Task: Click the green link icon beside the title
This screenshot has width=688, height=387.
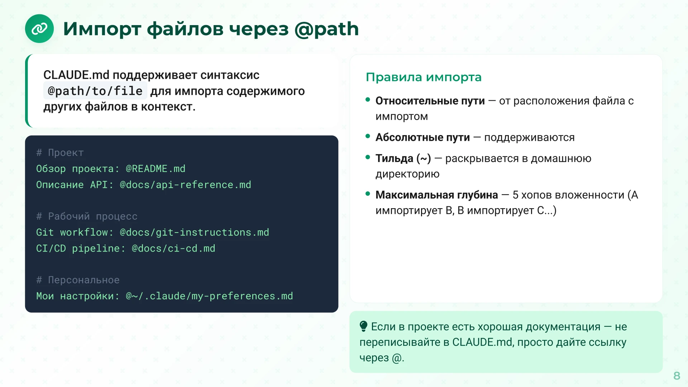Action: coord(39,29)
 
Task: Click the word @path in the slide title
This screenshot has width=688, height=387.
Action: coord(326,29)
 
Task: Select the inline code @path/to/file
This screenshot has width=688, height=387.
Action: coord(95,91)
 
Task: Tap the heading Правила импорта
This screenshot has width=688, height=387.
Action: coord(424,77)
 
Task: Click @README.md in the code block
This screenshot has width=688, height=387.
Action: coord(156,169)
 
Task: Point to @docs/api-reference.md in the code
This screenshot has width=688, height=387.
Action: coord(185,185)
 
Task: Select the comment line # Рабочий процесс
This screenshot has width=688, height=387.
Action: coord(87,216)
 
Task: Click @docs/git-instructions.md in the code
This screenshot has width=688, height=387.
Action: coord(194,233)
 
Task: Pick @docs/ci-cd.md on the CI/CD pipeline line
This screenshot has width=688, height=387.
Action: coord(173,249)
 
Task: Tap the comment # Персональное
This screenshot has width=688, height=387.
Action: coord(78,280)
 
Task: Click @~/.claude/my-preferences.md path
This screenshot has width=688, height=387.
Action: coord(209,296)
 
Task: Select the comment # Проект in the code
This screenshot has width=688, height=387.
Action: coord(60,153)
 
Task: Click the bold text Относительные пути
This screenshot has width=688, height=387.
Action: coord(430,101)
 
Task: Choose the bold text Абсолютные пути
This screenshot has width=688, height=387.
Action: coord(422,138)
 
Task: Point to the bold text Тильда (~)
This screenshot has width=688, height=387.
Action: coord(403,158)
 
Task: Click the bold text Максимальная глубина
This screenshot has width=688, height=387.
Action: coord(436,195)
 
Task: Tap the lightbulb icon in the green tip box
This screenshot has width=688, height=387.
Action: coord(363,326)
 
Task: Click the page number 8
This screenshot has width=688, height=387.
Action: coord(677,376)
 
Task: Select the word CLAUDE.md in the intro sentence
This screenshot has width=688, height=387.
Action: coord(76,75)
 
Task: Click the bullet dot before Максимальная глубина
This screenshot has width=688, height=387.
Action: coord(368,194)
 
